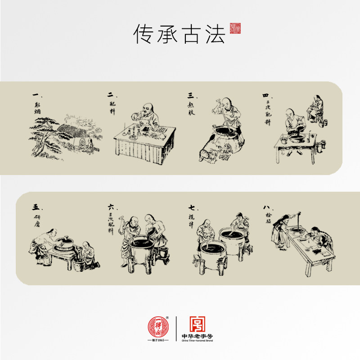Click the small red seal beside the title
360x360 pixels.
[x=235, y=28]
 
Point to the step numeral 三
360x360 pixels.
[x=190, y=95]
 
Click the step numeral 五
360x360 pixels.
[x=36, y=207]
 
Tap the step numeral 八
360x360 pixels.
[x=266, y=207]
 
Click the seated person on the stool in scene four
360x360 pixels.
[x=316, y=108]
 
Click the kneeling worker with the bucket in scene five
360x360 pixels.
[x=89, y=254]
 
